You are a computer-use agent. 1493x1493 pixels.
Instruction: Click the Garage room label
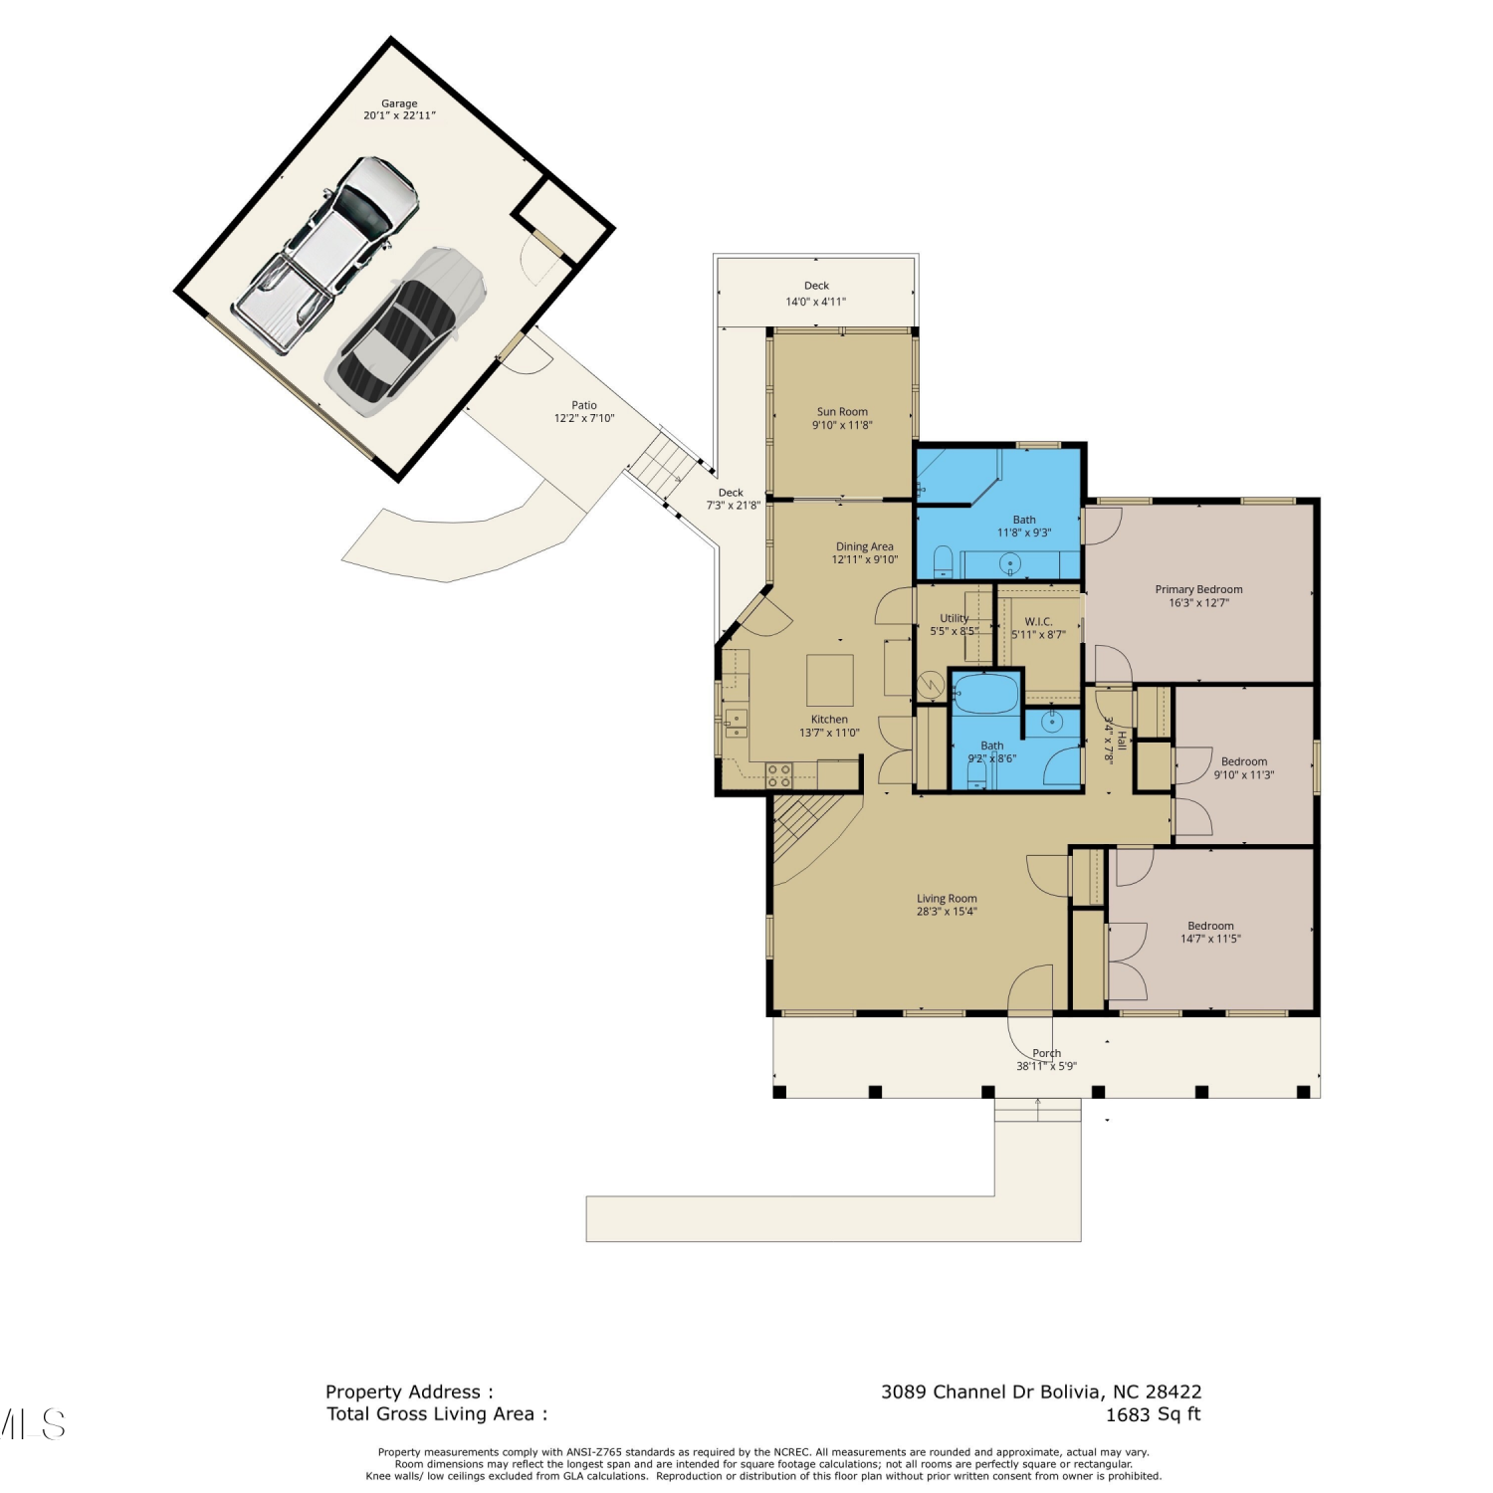[x=399, y=104]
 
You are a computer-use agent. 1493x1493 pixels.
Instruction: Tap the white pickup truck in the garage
[x=325, y=254]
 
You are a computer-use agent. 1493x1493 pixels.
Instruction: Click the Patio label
[x=584, y=405]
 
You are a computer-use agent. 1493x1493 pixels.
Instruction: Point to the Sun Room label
[x=842, y=411]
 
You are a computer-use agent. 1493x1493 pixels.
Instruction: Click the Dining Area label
[x=865, y=546]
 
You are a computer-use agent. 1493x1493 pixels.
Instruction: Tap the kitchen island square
[x=830, y=680]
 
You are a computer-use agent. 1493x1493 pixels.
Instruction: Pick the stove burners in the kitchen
[x=779, y=775]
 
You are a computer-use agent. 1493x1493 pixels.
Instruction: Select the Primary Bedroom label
[x=1199, y=589]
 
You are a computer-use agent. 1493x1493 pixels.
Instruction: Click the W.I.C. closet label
[x=1038, y=621]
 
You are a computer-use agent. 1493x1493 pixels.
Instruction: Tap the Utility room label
[x=955, y=618]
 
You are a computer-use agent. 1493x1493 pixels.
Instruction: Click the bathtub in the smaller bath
[x=985, y=694]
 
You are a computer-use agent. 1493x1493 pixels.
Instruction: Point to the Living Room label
[x=947, y=898]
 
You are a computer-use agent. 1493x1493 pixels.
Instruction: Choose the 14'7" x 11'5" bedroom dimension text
[x=1210, y=939]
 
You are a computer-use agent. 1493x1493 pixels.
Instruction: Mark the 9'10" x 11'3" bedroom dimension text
[x=1244, y=775]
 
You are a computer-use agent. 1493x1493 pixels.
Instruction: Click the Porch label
[x=1046, y=1053]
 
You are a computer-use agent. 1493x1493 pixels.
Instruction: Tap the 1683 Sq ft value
[x=1154, y=1414]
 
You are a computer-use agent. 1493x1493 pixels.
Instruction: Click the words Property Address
[x=403, y=1392]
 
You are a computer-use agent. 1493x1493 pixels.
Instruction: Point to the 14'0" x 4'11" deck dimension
[x=816, y=302]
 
